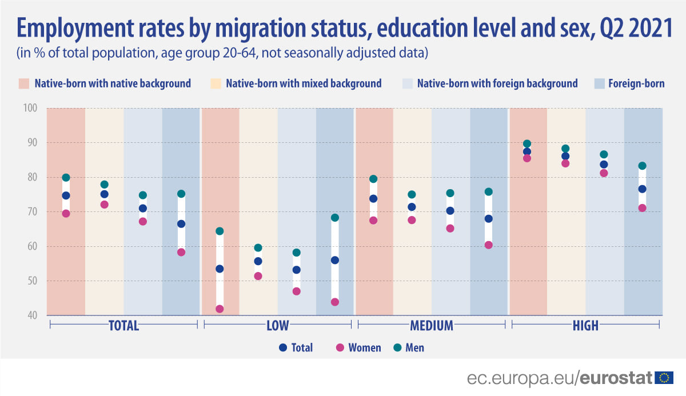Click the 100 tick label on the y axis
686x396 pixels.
pos(31,108)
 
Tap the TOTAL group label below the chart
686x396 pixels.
pos(124,326)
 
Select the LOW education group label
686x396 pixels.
pos(277,326)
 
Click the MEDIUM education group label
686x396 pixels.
pos(432,326)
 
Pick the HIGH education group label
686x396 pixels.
pos(585,326)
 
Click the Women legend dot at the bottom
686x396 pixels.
pos(340,347)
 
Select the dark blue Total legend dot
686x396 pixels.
pos(282,347)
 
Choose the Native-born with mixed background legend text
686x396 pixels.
pos(304,83)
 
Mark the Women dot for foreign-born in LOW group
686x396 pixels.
pos(334,302)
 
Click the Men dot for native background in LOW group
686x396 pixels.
pos(220,231)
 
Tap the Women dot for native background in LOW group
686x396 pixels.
pos(220,309)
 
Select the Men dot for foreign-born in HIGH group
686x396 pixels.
pos(642,166)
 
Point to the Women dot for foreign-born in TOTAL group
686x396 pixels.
pos(181,252)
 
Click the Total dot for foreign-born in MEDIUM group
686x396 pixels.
pos(489,218)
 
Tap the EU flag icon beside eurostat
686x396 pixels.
pos(665,378)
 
